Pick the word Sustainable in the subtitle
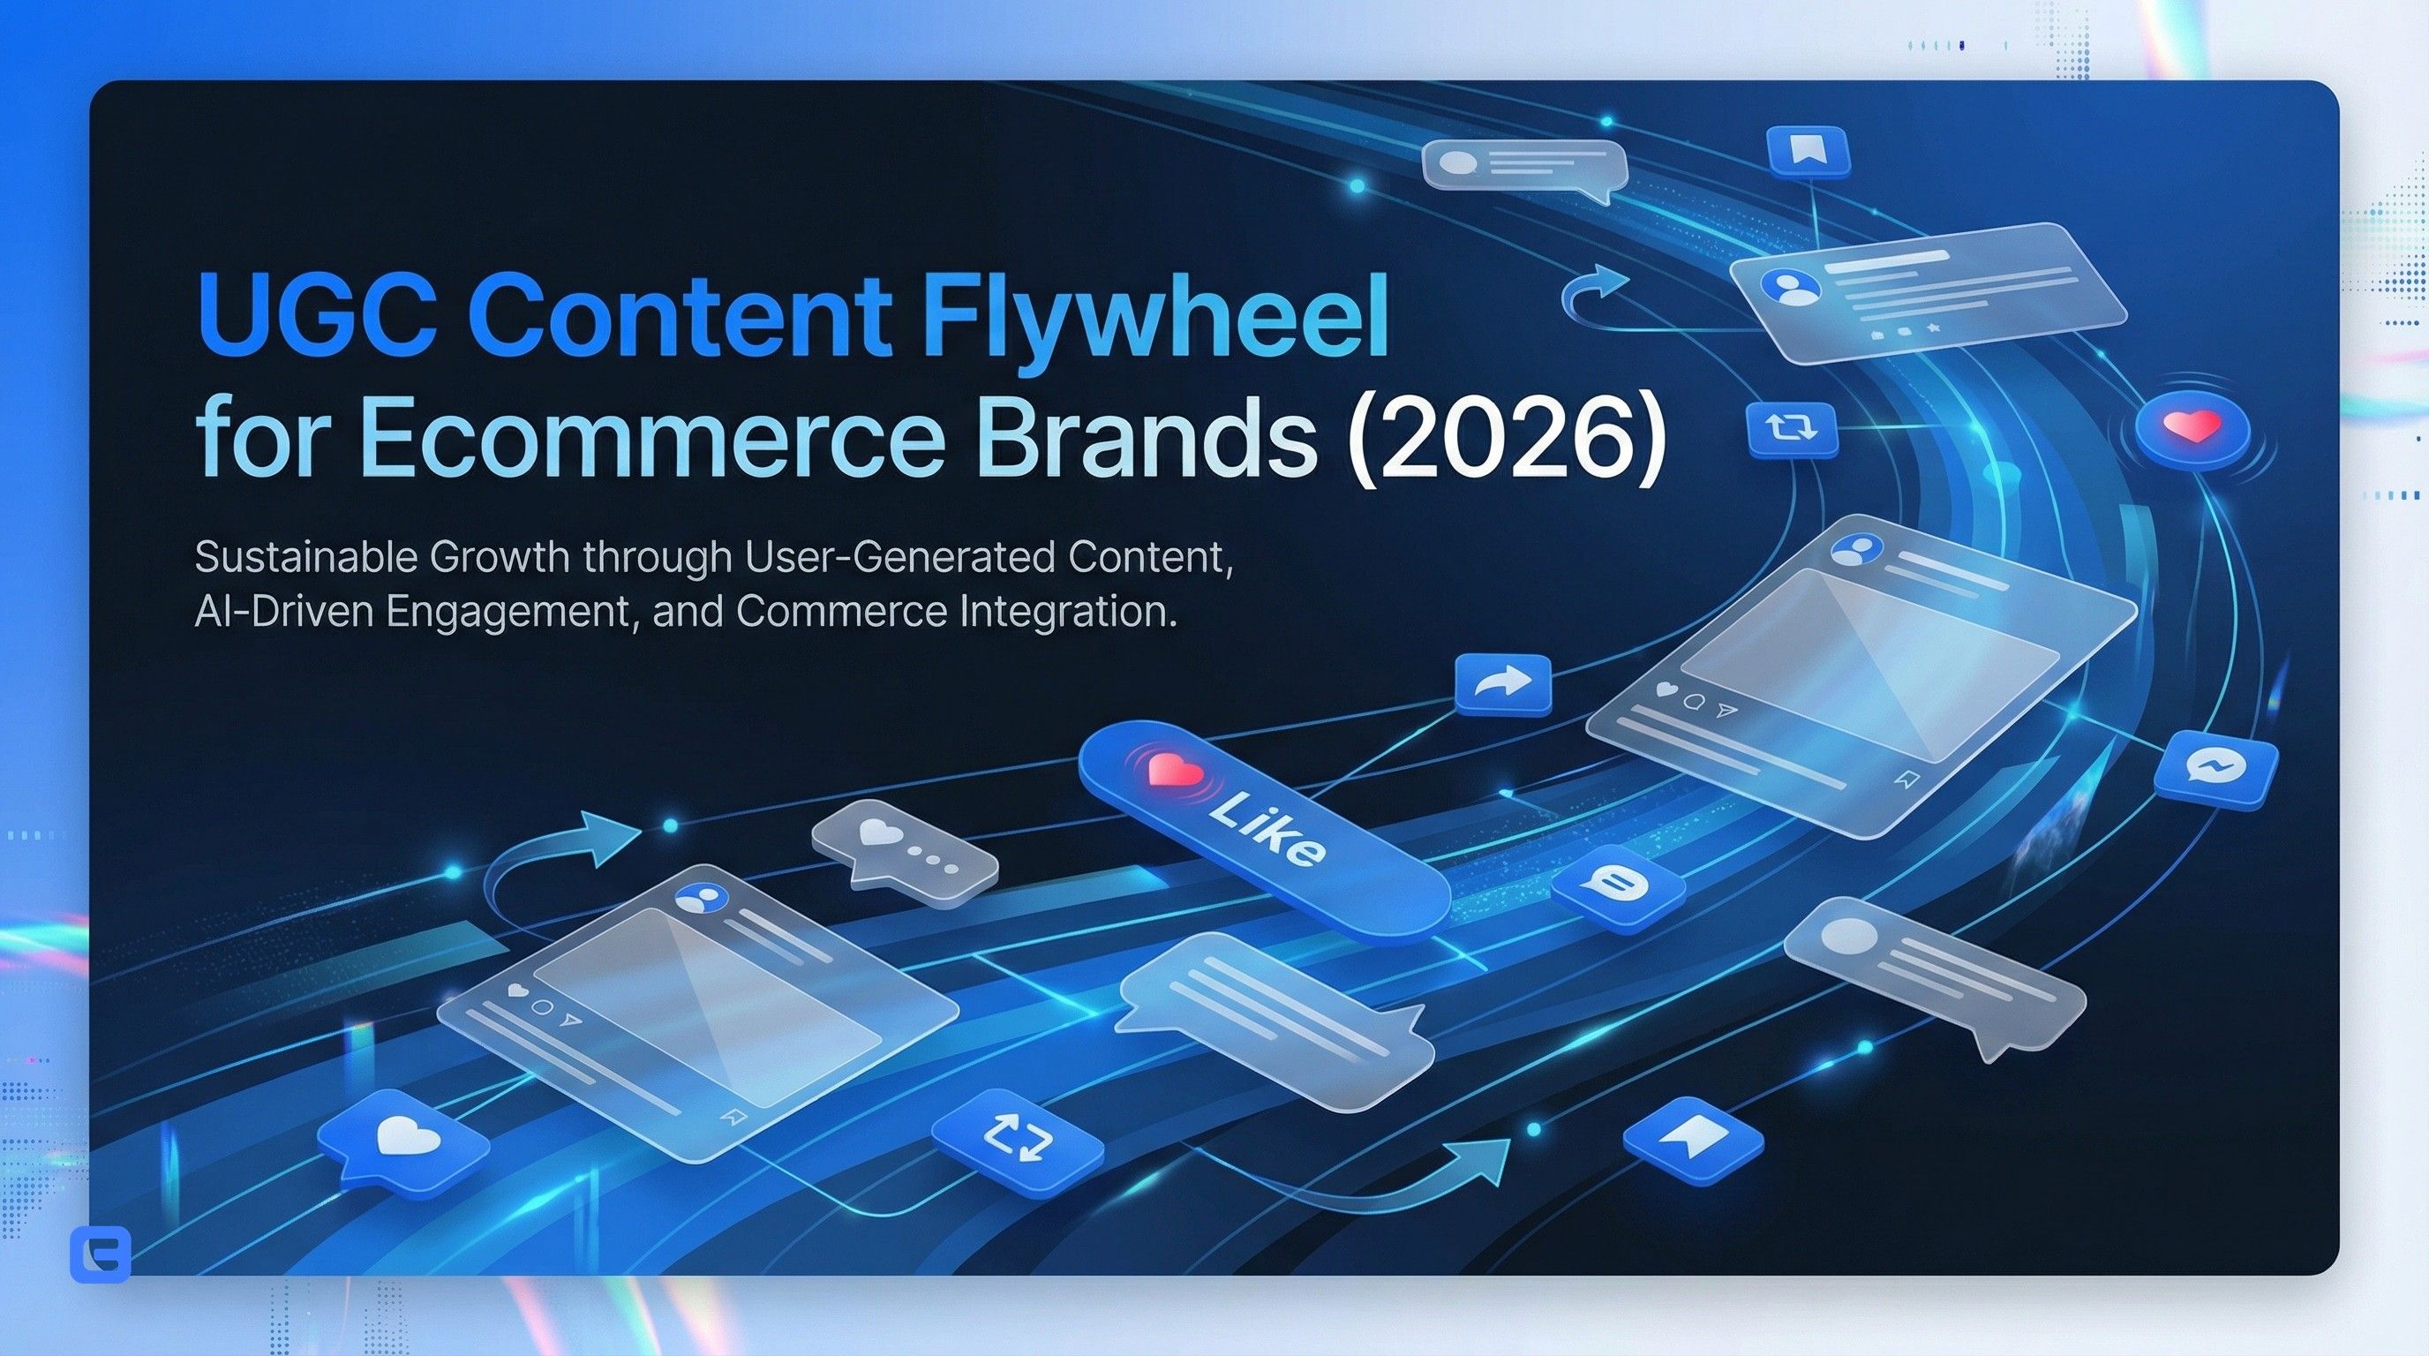(305, 557)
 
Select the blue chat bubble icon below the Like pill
(1616, 886)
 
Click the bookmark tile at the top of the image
(1807, 150)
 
